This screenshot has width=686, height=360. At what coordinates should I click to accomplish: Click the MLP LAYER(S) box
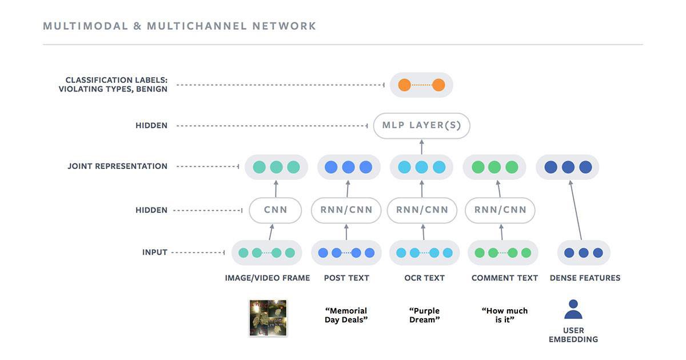click(x=422, y=126)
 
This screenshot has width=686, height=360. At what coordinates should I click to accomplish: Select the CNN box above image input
click(x=276, y=210)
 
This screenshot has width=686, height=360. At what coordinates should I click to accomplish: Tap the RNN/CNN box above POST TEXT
click(x=346, y=210)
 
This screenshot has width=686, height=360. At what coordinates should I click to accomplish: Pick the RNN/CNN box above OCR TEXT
click(x=422, y=210)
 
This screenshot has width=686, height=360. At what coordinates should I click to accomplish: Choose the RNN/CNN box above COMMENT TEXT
click(x=500, y=210)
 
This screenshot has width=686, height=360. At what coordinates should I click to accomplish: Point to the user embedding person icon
click(x=573, y=310)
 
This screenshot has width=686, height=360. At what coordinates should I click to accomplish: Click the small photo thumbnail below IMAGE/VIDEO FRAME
click(x=268, y=318)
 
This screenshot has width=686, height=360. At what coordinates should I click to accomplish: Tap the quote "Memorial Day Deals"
click(x=346, y=315)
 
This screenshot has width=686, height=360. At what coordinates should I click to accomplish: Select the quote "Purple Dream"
click(x=424, y=315)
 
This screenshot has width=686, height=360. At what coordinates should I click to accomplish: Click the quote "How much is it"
click(x=505, y=315)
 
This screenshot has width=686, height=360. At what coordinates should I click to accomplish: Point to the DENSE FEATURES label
click(x=585, y=278)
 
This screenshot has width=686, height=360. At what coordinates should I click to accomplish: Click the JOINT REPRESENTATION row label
click(x=117, y=166)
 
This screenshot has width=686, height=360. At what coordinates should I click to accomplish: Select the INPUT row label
click(x=154, y=252)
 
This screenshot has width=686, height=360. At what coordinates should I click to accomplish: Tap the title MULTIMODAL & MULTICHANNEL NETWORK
click(x=180, y=26)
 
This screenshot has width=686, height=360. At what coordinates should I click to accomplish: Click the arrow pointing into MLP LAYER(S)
click(x=422, y=147)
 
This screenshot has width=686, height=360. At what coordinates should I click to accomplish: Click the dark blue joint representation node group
click(x=568, y=167)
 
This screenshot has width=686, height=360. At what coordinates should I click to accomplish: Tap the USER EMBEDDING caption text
click(x=573, y=335)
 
